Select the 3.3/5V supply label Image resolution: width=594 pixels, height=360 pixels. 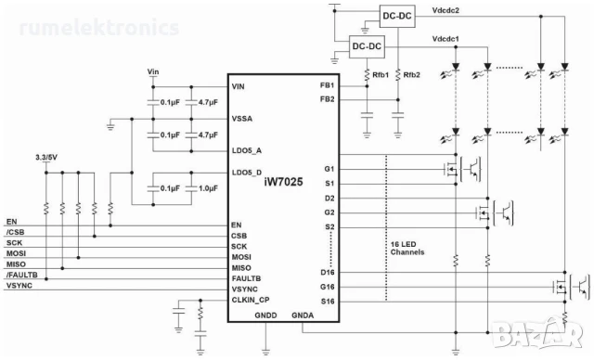[x=45, y=158]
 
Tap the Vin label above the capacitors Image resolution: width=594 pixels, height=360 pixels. [x=153, y=71]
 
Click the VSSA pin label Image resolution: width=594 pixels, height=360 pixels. [x=244, y=119]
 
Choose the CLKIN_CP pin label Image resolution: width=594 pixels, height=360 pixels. [x=251, y=301]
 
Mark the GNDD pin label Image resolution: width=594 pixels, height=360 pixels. [x=265, y=316]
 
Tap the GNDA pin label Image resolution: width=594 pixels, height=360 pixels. [x=303, y=316]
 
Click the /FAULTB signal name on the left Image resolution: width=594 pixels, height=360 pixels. [x=22, y=275]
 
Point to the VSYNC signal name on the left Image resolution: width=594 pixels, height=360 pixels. [x=19, y=286]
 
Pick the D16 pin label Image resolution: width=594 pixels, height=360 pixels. [x=327, y=272]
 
